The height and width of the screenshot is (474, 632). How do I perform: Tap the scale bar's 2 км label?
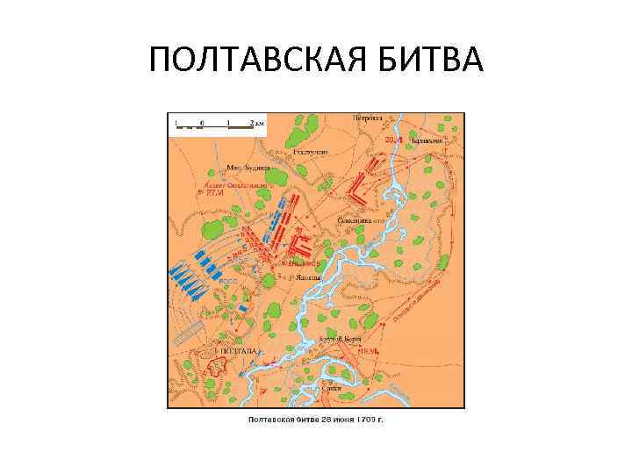[x=256, y=122]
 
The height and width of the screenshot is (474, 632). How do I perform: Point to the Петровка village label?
[x=368, y=117]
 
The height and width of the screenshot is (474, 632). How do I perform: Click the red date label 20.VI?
[x=391, y=139]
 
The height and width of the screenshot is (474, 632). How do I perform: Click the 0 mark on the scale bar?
[x=201, y=122]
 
